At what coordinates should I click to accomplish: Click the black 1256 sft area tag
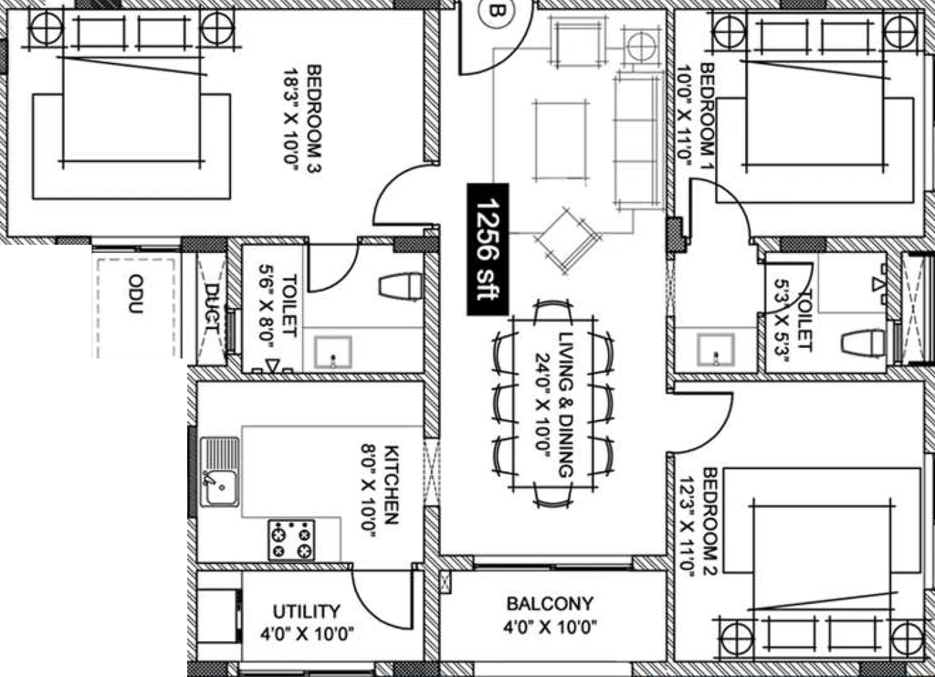pyautogui.click(x=488, y=249)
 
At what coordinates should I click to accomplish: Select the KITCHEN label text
pyautogui.click(x=391, y=484)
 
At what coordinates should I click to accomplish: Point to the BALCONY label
pyautogui.click(x=550, y=604)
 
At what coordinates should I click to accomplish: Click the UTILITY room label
pyautogui.click(x=307, y=611)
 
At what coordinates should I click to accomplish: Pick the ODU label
pyautogui.click(x=135, y=293)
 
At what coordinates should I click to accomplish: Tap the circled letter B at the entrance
pyautogui.click(x=496, y=10)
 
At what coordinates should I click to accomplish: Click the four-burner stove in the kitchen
pyautogui.click(x=291, y=540)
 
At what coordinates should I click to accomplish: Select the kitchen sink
pyautogui.click(x=219, y=471)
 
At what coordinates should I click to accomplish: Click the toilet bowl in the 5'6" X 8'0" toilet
pyautogui.click(x=401, y=285)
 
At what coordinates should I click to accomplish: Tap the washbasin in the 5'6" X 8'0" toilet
pyautogui.click(x=332, y=352)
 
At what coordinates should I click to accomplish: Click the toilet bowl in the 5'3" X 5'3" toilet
pyautogui.click(x=864, y=343)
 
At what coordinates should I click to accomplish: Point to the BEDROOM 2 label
pyautogui.click(x=709, y=522)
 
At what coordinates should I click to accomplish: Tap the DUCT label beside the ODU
pyautogui.click(x=212, y=309)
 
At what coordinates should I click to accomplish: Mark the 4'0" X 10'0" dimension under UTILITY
pyautogui.click(x=307, y=633)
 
